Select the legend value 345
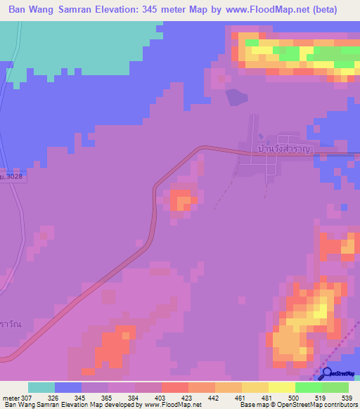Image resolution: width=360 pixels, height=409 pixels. click(x=82, y=397)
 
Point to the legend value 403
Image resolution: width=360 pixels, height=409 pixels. click(x=162, y=397)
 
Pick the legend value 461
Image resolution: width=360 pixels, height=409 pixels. click(x=242, y=397)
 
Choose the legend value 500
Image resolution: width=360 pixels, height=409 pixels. click(x=295, y=397)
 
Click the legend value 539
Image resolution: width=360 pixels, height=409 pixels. click(x=348, y=397)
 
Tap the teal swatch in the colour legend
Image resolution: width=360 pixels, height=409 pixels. click(x=41, y=387)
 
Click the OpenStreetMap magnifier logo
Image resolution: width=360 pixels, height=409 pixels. click(x=327, y=373)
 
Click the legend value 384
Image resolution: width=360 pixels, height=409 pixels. click(x=135, y=397)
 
